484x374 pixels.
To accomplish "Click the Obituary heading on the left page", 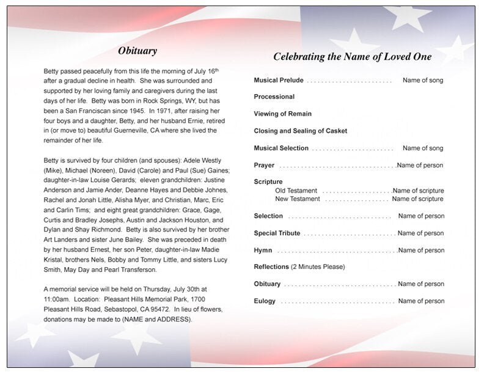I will click(x=137, y=51).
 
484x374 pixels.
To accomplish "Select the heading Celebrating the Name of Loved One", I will click(x=352, y=57).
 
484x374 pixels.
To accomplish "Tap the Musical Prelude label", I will click(x=278, y=80).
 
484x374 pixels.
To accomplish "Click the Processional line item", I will click(x=274, y=97).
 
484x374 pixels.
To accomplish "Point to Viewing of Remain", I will click(x=282, y=114).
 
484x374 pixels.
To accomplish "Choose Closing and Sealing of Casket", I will click(x=300, y=131).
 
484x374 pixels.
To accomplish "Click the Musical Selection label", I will click(x=281, y=148).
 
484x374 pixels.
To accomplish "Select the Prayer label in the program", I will click(x=264, y=165).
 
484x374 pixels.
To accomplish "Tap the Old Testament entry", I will click(x=296, y=191).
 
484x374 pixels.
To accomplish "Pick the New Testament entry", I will click(x=297, y=199).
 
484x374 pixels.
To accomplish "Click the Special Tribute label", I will click(x=277, y=233).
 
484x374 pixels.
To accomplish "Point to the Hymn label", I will click(x=263, y=250).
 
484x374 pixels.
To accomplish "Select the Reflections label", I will click(x=271, y=266).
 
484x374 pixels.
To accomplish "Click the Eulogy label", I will click(x=265, y=301).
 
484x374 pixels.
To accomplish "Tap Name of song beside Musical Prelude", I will click(x=423, y=80).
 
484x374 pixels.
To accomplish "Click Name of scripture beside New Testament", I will click(x=417, y=199).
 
